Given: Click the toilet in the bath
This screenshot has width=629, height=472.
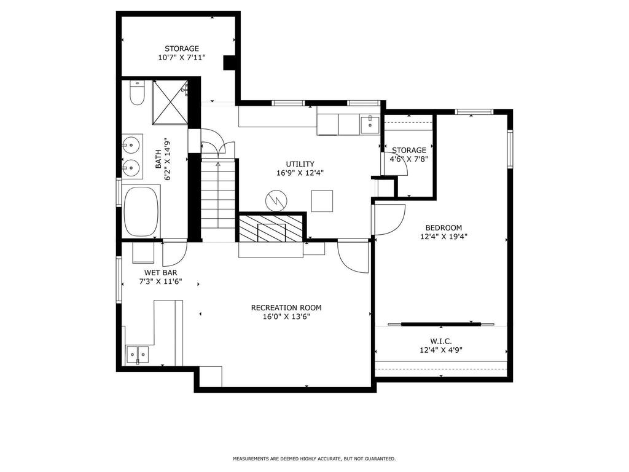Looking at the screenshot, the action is coord(137,93).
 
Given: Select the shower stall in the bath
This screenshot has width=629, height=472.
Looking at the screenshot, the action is coord(171,103).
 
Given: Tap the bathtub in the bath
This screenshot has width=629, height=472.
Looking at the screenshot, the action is coord(141,211).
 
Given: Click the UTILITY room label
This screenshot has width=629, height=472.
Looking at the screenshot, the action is coord(300,164).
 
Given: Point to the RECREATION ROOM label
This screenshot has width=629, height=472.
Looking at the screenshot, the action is coord(286,308).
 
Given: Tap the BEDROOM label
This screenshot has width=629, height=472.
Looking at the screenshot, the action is coord(443,227).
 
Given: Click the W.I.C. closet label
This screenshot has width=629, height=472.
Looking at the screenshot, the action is coord(441,341).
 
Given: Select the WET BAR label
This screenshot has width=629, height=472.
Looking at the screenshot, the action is coord(160,273).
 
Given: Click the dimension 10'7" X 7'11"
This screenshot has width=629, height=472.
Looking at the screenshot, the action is coord(182,57).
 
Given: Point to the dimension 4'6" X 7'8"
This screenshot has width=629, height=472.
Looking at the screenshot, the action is coord(408,159).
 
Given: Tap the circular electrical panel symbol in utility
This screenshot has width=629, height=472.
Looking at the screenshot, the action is coord(276,200).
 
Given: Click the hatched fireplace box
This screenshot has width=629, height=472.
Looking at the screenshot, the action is coord(271,229).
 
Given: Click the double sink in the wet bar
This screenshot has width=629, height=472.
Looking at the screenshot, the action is coord(137,355).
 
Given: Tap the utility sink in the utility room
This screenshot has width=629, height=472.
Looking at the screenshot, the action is coord(369,124).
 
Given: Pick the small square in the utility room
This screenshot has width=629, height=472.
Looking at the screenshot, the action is coord(322,201).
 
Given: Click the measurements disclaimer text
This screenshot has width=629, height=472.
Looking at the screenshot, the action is coord(314,458).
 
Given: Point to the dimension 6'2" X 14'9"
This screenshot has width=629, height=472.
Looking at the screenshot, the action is coord(162,159).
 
